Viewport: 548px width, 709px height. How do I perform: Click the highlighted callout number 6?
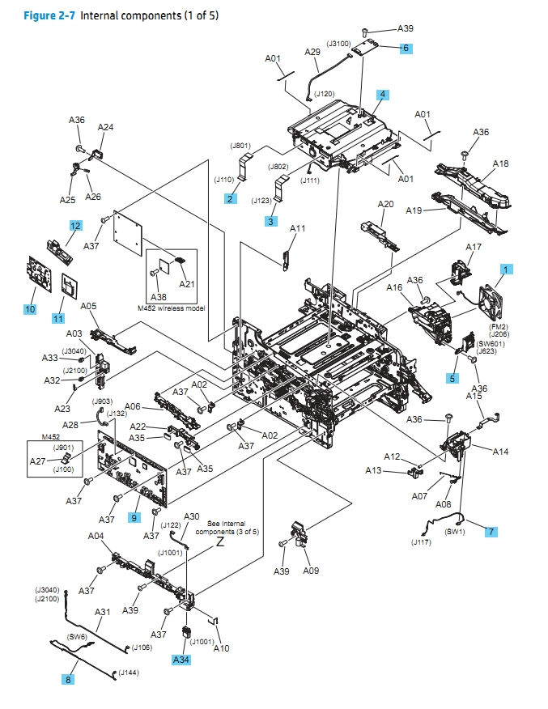(x=406, y=48)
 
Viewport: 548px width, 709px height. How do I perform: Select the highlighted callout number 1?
(x=507, y=268)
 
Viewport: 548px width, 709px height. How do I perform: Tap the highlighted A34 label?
(x=182, y=660)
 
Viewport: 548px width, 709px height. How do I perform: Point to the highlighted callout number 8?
(x=68, y=680)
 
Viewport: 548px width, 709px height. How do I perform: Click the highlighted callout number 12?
(x=74, y=226)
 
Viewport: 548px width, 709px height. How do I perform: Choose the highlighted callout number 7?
(x=491, y=532)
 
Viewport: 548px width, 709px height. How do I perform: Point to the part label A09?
(x=311, y=571)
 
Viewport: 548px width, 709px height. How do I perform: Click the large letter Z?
(x=219, y=544)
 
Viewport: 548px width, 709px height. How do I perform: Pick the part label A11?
(x=298, y=229)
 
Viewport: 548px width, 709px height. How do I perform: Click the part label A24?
(x=105, y=127)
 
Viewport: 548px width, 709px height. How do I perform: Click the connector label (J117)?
(x=421, y=541)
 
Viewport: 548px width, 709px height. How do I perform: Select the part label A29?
(x=312, y=52)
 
